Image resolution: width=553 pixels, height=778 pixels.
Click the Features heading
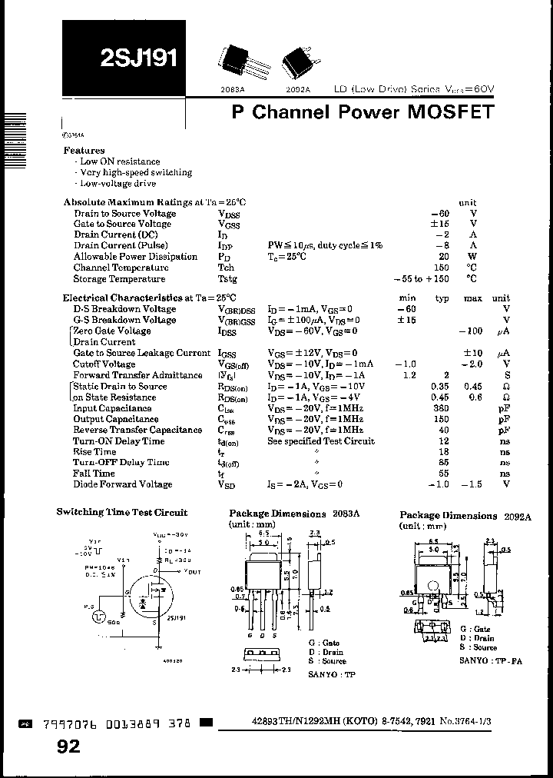[84, 151]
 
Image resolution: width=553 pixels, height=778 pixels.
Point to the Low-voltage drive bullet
[118, 184]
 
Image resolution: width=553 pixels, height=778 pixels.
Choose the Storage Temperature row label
[119, 279]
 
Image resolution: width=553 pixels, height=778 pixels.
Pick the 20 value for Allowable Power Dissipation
[443, 257]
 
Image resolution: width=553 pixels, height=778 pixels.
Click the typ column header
[442, 298]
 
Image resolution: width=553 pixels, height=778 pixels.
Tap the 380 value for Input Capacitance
[441, 408]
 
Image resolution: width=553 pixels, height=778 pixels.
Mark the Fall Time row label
[94, 474]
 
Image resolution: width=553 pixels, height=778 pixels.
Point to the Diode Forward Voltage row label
[123, 484]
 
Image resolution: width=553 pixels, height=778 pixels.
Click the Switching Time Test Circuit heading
[121, 512]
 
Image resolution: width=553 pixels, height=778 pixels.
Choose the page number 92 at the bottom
[68, 746]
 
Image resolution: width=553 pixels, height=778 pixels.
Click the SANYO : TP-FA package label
[490, 660]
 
